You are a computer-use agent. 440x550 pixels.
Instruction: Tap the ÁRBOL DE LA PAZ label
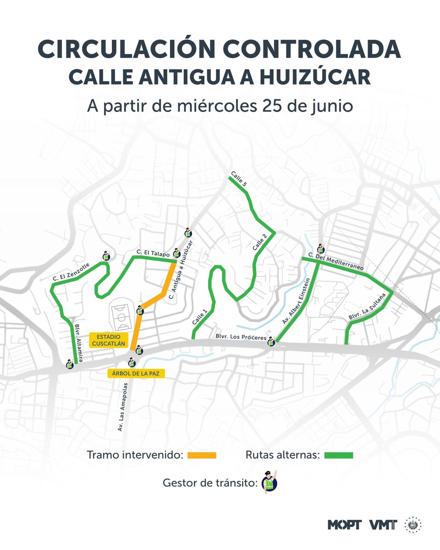[136, 373]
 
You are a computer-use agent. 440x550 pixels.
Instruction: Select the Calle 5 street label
[239, 177]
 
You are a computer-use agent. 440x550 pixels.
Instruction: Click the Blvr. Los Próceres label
[241, 337]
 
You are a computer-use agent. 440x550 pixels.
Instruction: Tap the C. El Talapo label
[153, 253]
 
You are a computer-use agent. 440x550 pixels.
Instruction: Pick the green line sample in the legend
[339, 455]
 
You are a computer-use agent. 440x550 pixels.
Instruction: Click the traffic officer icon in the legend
[270, 483]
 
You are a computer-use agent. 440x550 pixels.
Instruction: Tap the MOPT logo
[345, 525]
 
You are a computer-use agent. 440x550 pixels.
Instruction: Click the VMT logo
[383, 525]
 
